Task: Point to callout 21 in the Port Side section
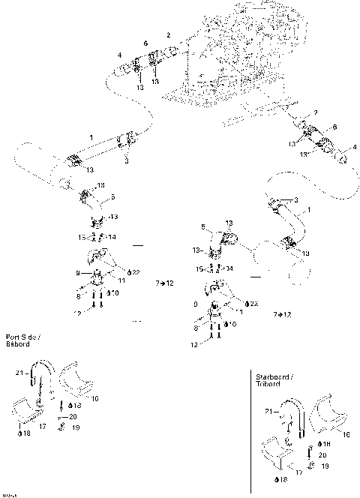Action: [x=19, y=373]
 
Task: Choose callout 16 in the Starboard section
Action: [x=346, y=433]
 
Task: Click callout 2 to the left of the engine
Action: [x=169, y=35]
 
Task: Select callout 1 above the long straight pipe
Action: [x=91, y=138]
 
